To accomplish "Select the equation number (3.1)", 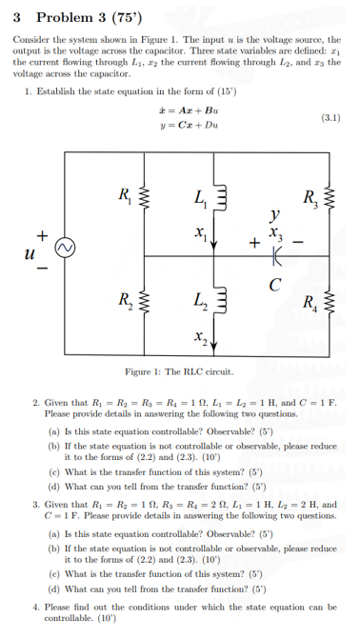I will coord(330,119).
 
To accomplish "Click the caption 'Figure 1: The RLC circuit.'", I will coord(180,370).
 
